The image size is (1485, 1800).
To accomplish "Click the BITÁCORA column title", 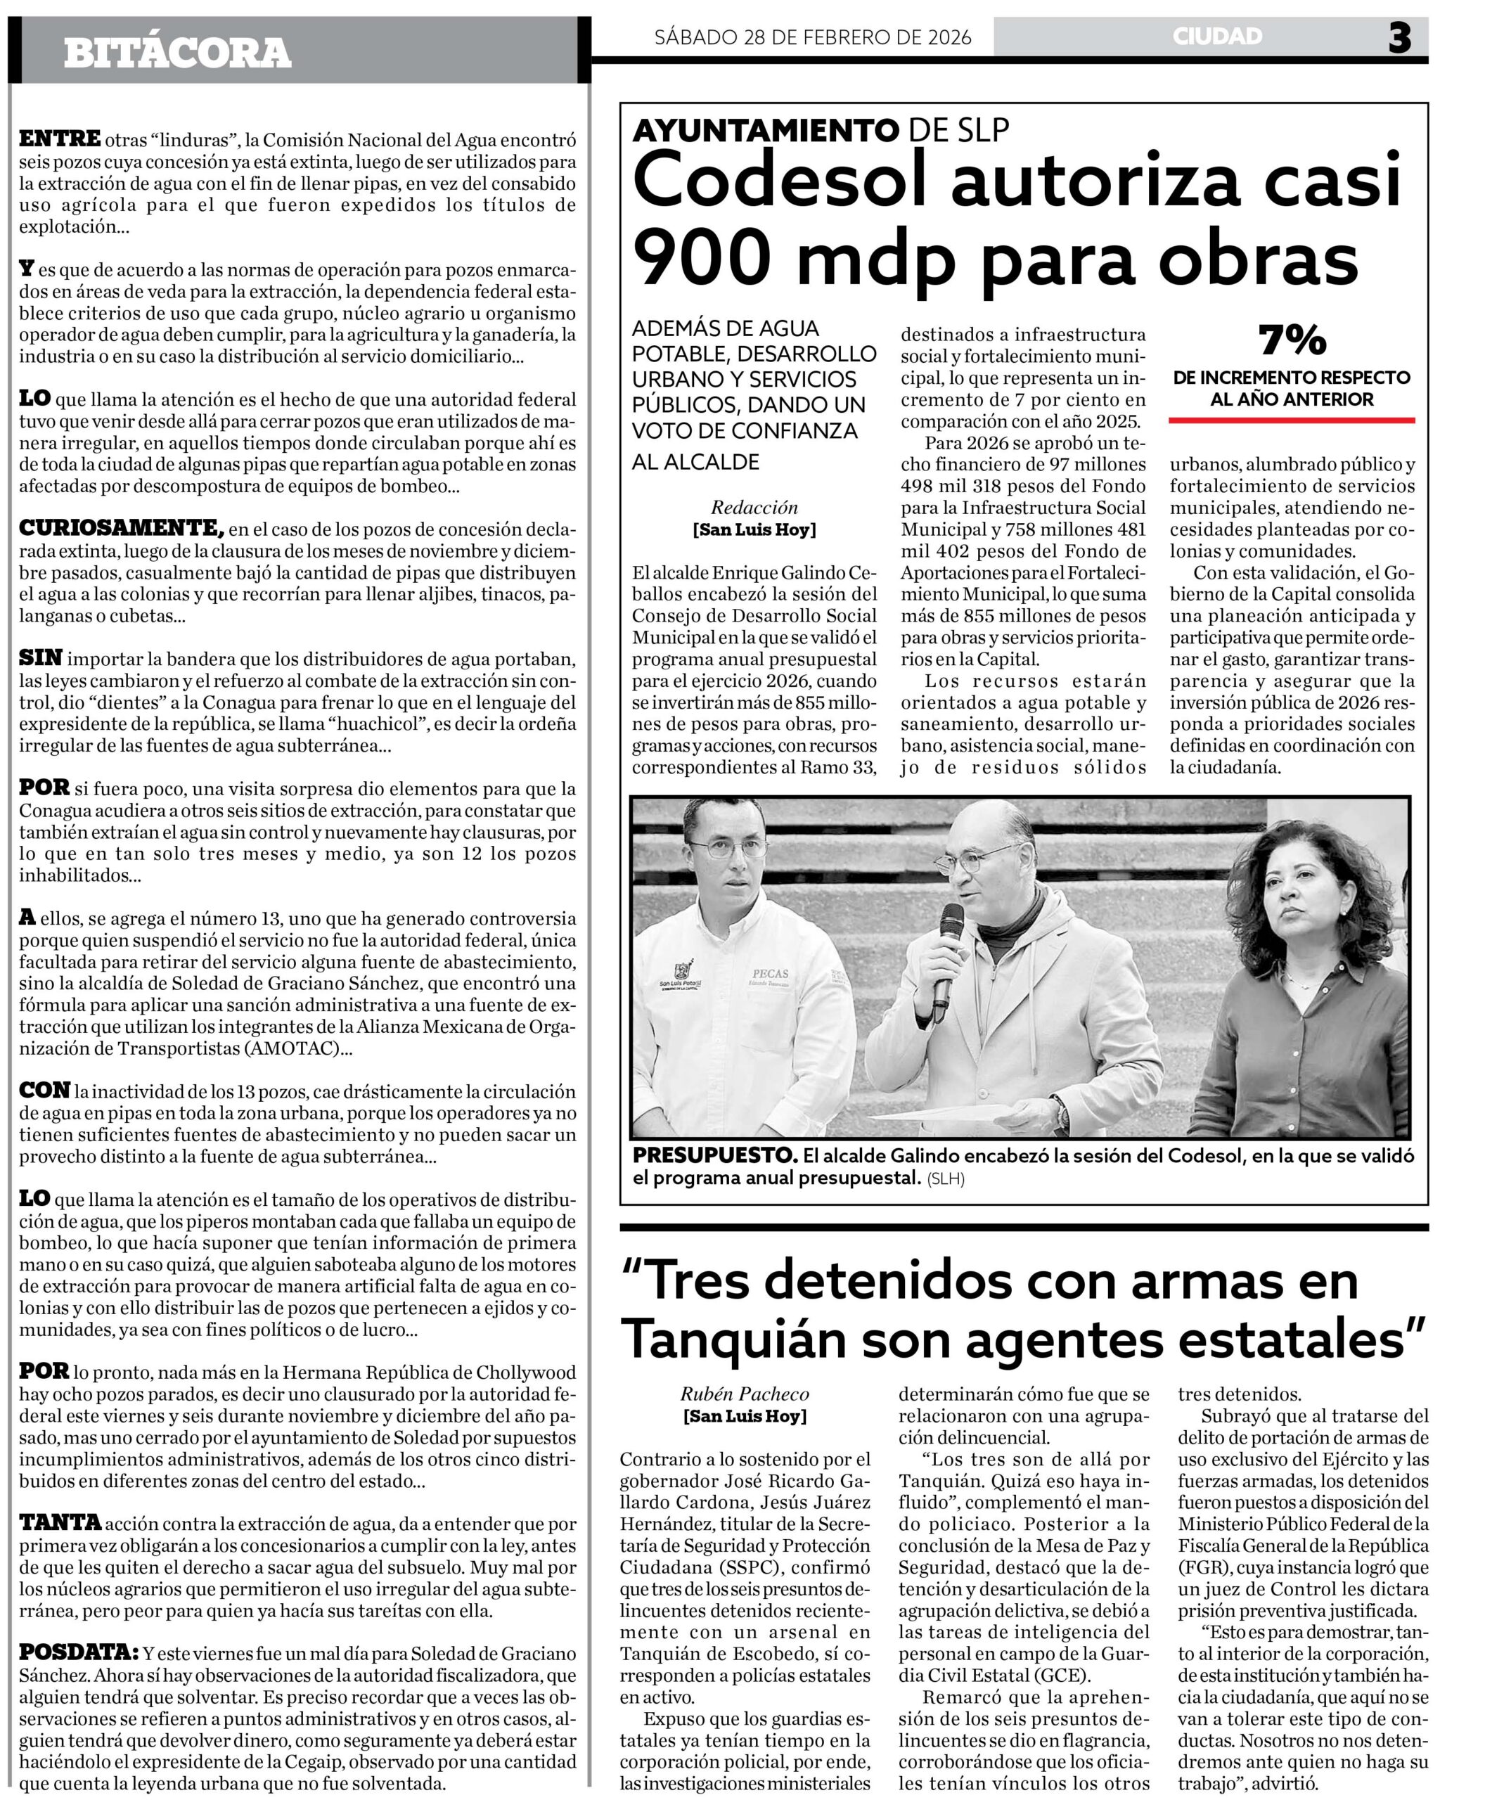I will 177,53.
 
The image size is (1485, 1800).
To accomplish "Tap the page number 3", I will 1399,39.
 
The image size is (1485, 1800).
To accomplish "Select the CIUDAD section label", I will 1217,37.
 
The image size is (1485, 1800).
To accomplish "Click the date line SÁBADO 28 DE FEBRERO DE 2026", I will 813,38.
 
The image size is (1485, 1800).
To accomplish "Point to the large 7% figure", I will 1292,340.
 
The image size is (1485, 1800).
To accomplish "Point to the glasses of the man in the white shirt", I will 727,849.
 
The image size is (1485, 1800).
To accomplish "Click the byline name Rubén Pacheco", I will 744,1394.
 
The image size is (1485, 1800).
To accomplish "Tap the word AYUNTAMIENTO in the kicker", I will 765,131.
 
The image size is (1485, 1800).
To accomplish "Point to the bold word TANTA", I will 60,1522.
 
